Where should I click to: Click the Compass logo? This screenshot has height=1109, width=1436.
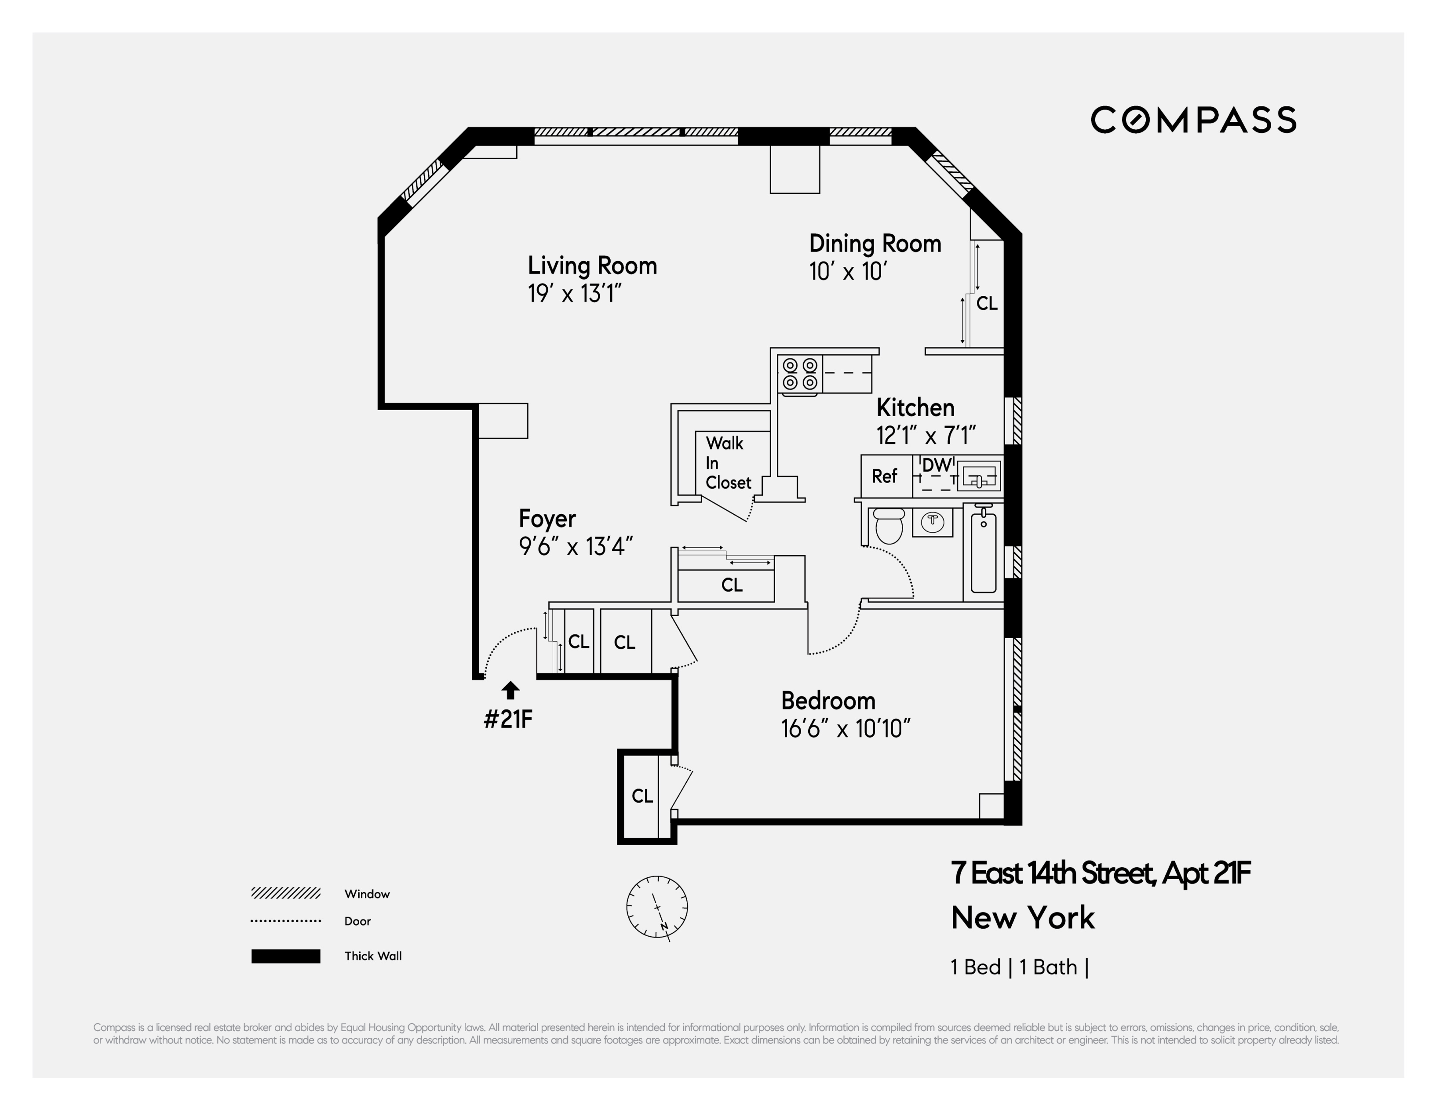(1193, 120)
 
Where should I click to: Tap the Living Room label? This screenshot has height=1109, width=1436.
(592, 265)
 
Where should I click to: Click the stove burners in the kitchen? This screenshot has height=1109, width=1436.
(799, 374)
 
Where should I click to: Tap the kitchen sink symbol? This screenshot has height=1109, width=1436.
(980, 476)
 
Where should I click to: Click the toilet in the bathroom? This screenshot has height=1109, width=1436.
(889, 525)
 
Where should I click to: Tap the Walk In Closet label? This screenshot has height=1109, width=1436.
(727, 463)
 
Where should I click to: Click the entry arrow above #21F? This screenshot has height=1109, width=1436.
(510, 690)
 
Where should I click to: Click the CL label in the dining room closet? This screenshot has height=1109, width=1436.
(986, 303)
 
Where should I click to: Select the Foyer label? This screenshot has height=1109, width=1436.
(547, 519)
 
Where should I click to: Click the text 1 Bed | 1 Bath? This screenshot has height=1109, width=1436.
(1019, 967)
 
